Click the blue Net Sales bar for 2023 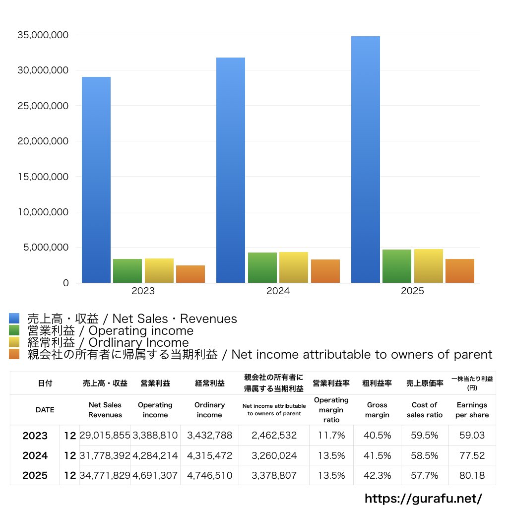pos(96,180)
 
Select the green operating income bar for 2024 pos(262,267)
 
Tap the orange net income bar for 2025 pos(460,271)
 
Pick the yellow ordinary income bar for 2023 pos(159,270)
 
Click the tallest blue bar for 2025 pos(366,159)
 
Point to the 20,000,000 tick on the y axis pos(43,141)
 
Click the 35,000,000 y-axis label pos(43,35)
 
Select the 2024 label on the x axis pos(278,291)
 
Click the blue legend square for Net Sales pos(14,318)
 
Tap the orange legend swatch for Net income pos(14,354)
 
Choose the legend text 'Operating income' pos(141,331)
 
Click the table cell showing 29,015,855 pos(105,435)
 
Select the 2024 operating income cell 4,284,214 pos(155,455)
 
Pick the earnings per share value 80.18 pos(472,475)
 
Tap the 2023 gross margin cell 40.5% pos(377,435)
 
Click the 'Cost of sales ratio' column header pos(425,410)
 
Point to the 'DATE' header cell pos(45,410)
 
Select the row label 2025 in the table pos(35,475)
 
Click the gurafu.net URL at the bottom pos(423,498)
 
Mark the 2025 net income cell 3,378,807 pos(274,475)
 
